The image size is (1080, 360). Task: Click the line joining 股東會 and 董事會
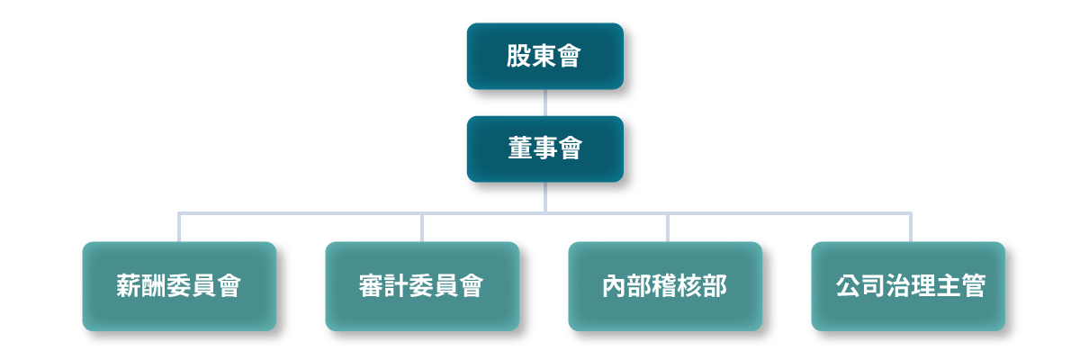click(545, 103)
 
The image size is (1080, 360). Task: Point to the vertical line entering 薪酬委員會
click(179, 228)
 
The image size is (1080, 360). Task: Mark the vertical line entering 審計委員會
click(422, 228)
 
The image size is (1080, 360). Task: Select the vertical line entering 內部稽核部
click(667, 228)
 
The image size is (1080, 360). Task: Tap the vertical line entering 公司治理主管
click(911, 228)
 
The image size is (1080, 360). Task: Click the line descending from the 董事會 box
click(545, 197)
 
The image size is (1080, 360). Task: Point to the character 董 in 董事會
click(519, 148)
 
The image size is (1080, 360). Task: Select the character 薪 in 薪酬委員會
click(129, 286)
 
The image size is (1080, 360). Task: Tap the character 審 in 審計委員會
click(372, 286)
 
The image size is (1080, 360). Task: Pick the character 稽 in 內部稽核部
click(665, 286)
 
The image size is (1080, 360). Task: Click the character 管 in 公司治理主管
click(972, 286)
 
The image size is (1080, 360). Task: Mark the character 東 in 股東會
click(544, 58)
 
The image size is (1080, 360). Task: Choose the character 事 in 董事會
click(544, 148)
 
